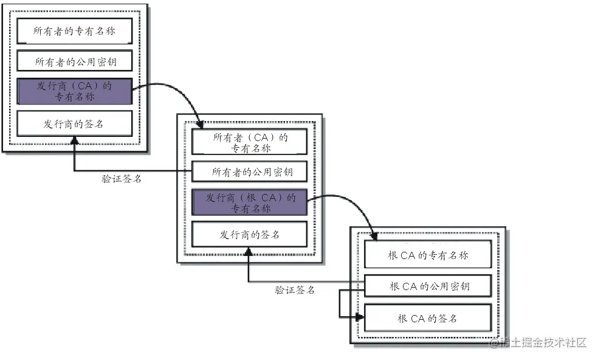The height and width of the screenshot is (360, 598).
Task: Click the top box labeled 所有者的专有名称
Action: coord(74,30)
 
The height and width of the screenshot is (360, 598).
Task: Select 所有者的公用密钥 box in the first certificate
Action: coord(74,61)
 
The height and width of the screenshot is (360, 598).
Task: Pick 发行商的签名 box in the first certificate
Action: coord(74,123)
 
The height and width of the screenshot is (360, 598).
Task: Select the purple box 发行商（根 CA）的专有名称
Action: coord(249,202)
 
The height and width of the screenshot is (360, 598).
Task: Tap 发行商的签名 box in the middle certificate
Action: coord(249,234)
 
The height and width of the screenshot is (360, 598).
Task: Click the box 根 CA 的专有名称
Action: coord(427,255)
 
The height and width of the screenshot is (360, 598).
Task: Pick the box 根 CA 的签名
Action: coord(427,318)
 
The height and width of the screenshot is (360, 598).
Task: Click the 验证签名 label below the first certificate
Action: coord(122,179)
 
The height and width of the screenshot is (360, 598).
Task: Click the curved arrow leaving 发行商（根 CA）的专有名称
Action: coord(346,201)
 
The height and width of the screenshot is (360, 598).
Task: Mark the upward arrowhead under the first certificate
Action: coord(74,141)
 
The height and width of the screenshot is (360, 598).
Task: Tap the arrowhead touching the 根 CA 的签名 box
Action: coord(359,316)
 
